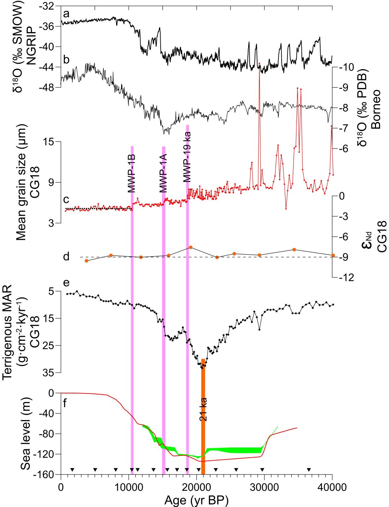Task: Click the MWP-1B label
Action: click(131, 173)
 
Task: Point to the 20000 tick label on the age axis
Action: click(196, 488)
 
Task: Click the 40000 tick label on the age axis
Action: click(332, 488)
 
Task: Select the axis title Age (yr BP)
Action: click(196, 500)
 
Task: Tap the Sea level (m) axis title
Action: click(26, 434)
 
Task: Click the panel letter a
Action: click(66, 14)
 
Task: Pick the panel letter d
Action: click(66, 257)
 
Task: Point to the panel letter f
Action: click(65, 403)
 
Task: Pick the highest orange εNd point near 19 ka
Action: click(190, 247)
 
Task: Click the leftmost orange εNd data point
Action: click(86, 261)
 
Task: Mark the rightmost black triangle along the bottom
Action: click(309, 469)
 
